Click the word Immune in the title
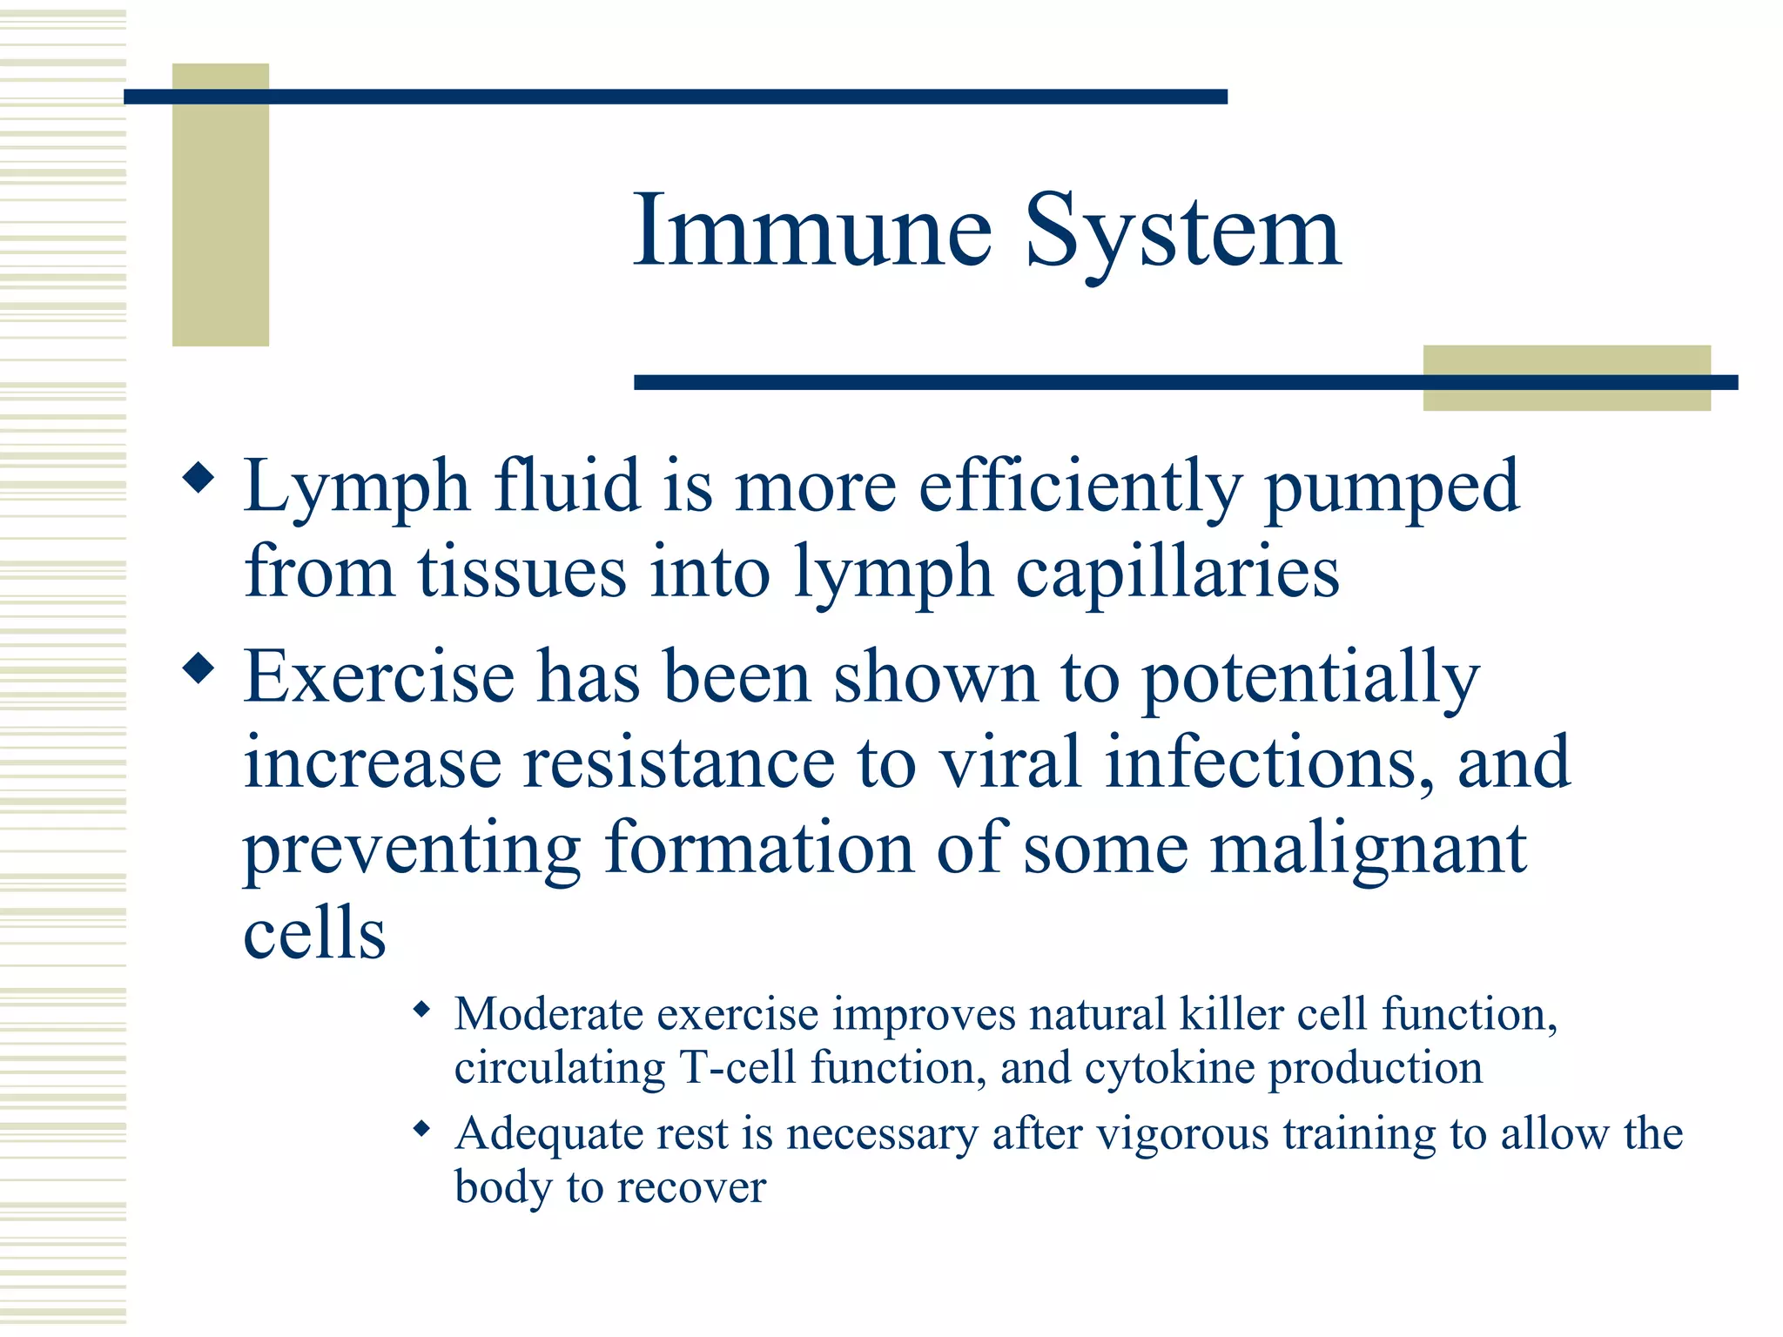pyautogui.click(x=811, y=231)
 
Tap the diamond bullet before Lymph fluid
pyautogui.click(x=198, y=479)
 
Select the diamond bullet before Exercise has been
pyautogui.click(x=198, y=669)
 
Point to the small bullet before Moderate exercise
pyautogui.click(x=422, y=1010)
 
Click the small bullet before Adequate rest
pyautogui.click(x=422, y=1130)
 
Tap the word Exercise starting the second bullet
pyautogui.click(x=379, y=676)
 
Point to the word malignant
pyautogui.click(x=1369, y=849)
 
